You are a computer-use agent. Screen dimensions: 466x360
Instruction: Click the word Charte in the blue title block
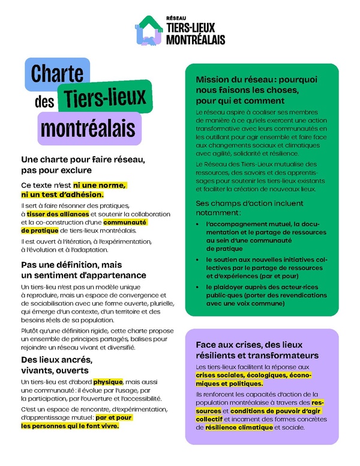point(58,74)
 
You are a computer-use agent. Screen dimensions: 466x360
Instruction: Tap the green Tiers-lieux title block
point(105,97)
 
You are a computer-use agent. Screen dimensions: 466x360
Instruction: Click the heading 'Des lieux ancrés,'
point(56,359)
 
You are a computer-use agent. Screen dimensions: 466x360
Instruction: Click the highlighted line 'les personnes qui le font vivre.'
point(70,426)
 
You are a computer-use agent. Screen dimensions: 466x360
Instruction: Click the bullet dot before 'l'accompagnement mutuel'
point(199,225)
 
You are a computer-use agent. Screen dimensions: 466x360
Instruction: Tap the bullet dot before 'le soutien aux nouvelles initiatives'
point(199,259)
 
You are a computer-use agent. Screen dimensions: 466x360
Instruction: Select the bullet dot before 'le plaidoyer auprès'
point(199,287)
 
